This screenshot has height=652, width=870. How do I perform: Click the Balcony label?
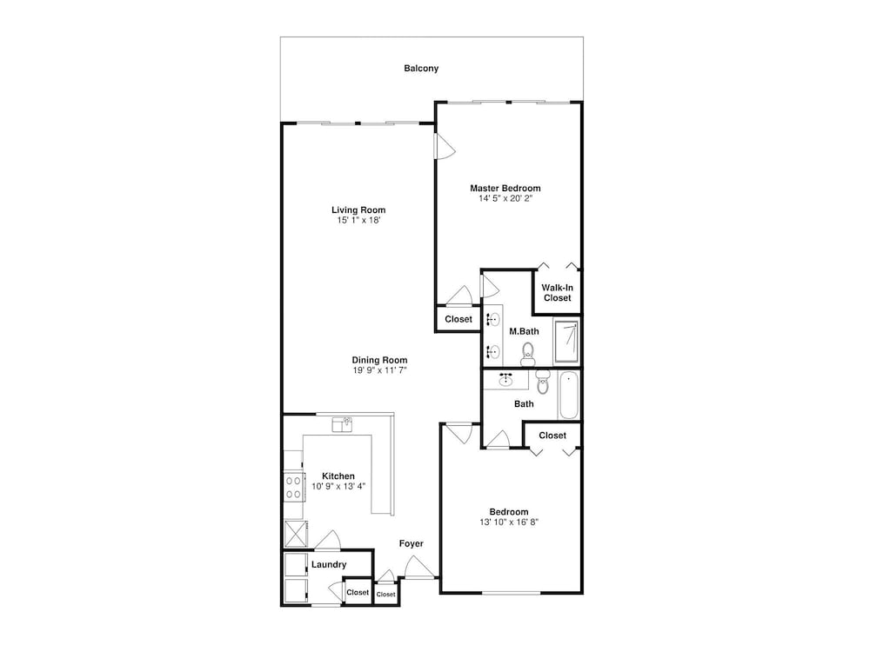coord(421,68)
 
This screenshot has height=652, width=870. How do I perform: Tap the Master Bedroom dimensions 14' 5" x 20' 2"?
coord(505,198)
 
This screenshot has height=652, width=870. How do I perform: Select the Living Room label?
coord(358,210)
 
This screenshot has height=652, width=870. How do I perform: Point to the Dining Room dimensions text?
coord(379,370)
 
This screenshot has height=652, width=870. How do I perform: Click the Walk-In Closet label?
coord(557,293)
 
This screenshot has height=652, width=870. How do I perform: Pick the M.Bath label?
coord(524,331)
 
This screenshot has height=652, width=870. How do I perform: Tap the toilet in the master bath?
coord(528,355)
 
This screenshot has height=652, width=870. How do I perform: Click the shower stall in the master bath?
coord(566,341)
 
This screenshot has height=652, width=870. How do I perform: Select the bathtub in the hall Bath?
coord(568,396)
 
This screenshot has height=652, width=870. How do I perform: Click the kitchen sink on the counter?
coord(343,424)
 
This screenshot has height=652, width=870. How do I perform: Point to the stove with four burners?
coord(293,488)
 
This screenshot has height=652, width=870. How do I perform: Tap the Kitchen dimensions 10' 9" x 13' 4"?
coord(338,487)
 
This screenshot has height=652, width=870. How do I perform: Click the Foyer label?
coord(412,544)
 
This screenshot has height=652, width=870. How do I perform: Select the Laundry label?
coord(329,564)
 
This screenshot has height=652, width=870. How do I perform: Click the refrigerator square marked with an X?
coord(296,534)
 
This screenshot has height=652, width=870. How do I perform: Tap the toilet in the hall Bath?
coord(543,382)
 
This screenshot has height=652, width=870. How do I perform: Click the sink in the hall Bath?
coord(505,380)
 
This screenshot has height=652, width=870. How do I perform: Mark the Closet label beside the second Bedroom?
coord(552,436)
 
